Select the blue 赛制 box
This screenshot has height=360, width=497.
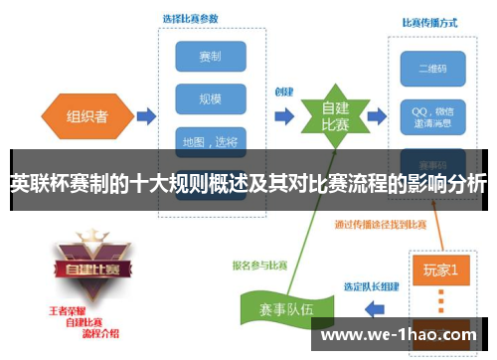[x=210, y=56]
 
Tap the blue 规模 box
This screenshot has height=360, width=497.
[x=210, y=99]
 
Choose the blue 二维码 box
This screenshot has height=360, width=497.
[x=431, y=69]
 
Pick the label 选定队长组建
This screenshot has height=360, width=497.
[x=372, y=287]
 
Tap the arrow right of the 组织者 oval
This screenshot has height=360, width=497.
[x=145, y=117]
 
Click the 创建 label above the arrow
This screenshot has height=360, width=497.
[x=283, y=91]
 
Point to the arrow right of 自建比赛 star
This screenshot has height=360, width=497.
[x=376, y=117]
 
